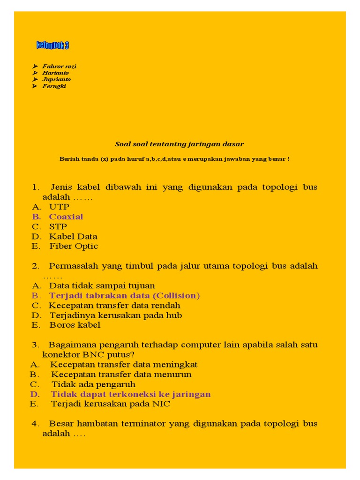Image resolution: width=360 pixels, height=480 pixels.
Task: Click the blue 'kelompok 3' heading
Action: (52, 45)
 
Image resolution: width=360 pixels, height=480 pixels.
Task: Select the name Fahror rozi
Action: (59, 66)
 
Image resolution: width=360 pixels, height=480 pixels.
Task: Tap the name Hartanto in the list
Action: (55, 73)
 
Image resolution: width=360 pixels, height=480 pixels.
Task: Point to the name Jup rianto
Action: (56, 79)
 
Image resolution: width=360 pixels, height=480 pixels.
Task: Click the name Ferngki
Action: (54, 86)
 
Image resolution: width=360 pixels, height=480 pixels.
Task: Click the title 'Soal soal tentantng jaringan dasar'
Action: (180, 144)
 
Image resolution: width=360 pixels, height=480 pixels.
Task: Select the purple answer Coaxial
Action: (66, 217)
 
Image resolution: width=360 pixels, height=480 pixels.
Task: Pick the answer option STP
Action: (58, 226)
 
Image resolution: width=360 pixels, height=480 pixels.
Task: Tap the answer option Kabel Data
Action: (73, 236)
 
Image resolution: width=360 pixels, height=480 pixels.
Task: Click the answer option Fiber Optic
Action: (74, 246)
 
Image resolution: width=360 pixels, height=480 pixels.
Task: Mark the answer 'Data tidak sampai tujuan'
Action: (102, 285)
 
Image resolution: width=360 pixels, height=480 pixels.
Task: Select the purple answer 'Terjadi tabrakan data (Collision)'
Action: (124, 295)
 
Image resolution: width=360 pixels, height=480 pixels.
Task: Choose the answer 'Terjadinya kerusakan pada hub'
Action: (115, 315)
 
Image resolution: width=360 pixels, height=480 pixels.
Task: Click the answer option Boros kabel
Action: (75, 325)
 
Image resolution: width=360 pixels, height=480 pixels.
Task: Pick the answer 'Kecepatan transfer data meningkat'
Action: (124, 364)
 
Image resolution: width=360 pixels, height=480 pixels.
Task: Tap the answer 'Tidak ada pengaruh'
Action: (93, 384)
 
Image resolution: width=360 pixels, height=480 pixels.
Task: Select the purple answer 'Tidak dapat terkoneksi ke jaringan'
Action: (131, 394)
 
